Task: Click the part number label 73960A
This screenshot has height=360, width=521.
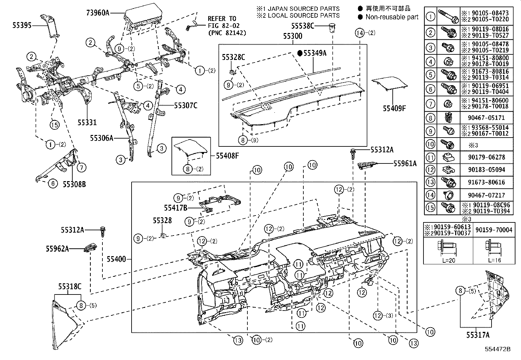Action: coord(98,13)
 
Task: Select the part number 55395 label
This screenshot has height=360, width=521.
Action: coord(22,25)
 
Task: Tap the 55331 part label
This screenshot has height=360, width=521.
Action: coord(87,122)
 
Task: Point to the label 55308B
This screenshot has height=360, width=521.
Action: coord(74,184)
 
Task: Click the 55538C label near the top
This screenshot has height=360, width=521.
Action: coord(303,25)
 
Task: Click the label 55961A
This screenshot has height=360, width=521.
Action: coord(405,163)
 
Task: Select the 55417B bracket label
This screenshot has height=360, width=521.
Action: coord(175,207)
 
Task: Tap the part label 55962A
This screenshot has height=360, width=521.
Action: coord(57,249)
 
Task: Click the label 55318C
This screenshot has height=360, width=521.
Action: coord(70,286)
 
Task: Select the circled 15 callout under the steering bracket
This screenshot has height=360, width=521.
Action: coord(54,124)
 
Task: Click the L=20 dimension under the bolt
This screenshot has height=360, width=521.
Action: coord(448,260)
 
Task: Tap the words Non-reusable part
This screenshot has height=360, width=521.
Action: coord(392,17)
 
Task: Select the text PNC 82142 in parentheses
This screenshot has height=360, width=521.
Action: coord(227,33)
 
